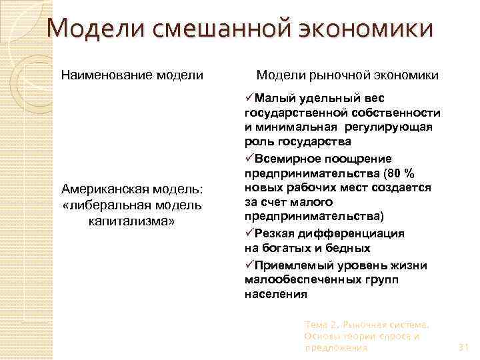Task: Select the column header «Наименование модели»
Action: click(133, 75)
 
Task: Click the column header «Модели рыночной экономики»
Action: click(347, 75)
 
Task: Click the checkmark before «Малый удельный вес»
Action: click(249, 97)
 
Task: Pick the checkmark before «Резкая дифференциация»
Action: click(249, 234)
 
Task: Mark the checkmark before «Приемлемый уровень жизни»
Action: click(249, 264)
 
